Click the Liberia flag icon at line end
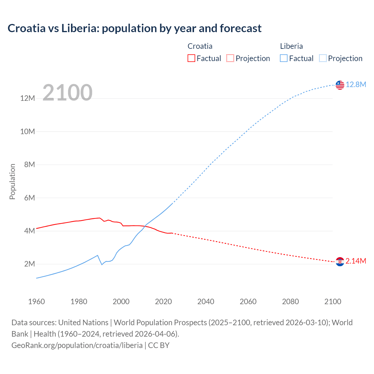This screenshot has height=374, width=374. (x=340, y=85)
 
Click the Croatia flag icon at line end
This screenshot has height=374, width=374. (x=340, y=262)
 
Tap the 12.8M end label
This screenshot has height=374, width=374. (x=356, y=84)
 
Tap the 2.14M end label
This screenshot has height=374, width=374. (x=356, y=261)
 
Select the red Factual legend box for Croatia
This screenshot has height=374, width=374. (x=191, y=58)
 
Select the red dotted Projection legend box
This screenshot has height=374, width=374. (x=230, y=58)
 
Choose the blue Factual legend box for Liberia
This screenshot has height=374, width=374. (x=284, y=58)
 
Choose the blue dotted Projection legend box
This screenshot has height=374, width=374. (x=323, y=58)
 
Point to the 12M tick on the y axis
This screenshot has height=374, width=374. (x=27, y=98)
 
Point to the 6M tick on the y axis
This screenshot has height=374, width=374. (x=30, y=198)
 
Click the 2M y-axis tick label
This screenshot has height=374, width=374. (x=30, y=264)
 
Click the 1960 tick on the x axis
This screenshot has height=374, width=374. (x=37, y=302)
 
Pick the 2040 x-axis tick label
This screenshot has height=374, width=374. (x=206, y=302)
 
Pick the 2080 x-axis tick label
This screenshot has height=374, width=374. (x=290, y=302)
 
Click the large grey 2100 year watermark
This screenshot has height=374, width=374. (x=67, y=93)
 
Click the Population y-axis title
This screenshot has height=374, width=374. (x=12, y=181)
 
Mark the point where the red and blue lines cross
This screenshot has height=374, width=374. (x=145, y=226)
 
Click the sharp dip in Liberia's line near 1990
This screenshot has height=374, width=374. (x=102, y=264)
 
